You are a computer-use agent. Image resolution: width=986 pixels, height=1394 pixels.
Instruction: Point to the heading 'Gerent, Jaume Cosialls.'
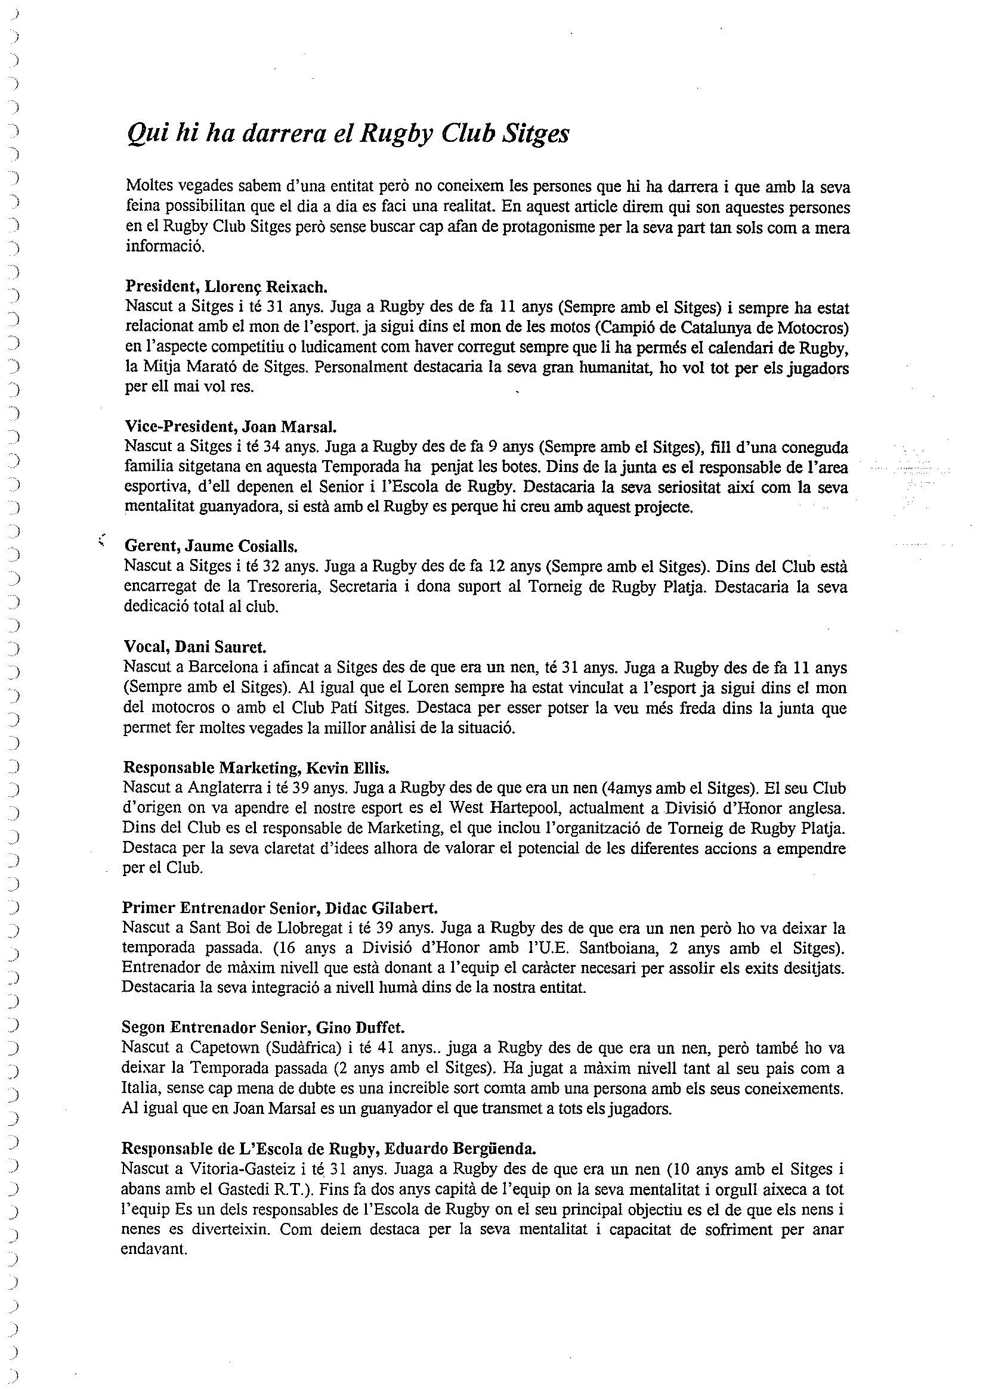coord(211,546)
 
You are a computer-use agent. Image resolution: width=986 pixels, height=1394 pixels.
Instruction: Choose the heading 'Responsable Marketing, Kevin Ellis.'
coord(255,768)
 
